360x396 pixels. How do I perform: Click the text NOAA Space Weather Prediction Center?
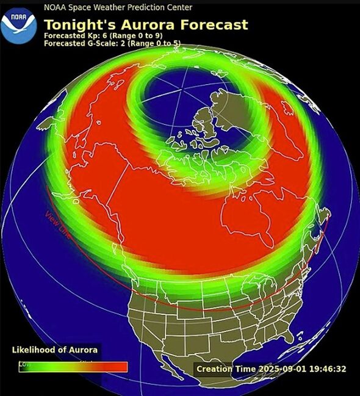pyautogui.click(x=118, y=7)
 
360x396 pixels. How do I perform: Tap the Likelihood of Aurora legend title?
pyautogui.click(x=55, y=350)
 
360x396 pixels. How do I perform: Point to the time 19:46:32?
pyautogui.click(x=329, y=369)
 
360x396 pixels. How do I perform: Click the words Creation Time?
pyautogui.click(x=224, y=369)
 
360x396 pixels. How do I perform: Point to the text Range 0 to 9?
pyautogui.click(x=132, y=36)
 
